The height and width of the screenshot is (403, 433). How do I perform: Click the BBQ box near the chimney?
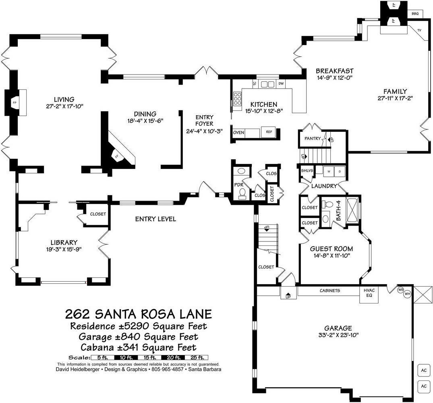coord(415,14)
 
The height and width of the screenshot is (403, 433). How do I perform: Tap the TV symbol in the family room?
coord(419,30)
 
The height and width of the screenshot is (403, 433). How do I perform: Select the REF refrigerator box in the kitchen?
coord(269,132)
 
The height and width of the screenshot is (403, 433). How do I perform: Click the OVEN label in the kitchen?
coord(238,133)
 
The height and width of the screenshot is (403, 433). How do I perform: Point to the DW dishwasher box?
coord(281,84)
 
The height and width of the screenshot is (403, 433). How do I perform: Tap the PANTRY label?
coord(313,138)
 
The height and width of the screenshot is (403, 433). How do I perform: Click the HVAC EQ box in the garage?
coord(369,293)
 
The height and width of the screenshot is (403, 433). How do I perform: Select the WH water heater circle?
coord(407,294)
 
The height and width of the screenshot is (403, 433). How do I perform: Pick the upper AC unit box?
coord(424,370)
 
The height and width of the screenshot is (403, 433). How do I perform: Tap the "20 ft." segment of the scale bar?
coord(174,357)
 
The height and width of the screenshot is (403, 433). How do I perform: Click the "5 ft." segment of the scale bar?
coord(103,357)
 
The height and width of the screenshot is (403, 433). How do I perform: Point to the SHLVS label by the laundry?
coord(307,171)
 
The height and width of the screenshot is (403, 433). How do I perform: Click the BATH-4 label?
coord(339,210)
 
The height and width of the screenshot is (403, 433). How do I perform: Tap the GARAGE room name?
coord(338,328)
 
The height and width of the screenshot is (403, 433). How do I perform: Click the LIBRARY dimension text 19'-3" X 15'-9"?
coord(64,249)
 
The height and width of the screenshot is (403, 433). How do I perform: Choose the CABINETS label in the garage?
coord(330,291)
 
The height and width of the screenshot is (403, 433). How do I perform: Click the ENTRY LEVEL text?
coord(155,219)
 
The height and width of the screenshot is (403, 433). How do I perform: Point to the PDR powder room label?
coord(238,185)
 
